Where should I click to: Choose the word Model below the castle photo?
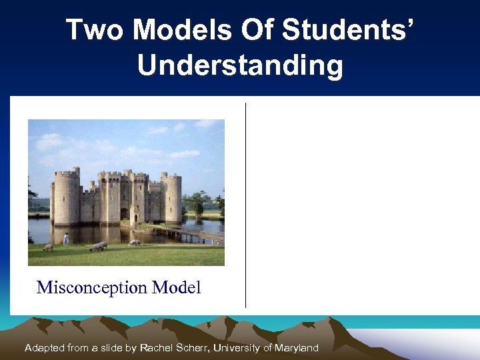176,288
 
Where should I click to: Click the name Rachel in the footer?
157,348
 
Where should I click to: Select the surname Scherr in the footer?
191,348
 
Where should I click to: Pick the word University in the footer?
236,348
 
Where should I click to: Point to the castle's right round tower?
172,197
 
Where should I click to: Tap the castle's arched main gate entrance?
124,213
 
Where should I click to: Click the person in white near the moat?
66,239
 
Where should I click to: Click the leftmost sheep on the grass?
48,247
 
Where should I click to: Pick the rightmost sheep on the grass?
135,243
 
